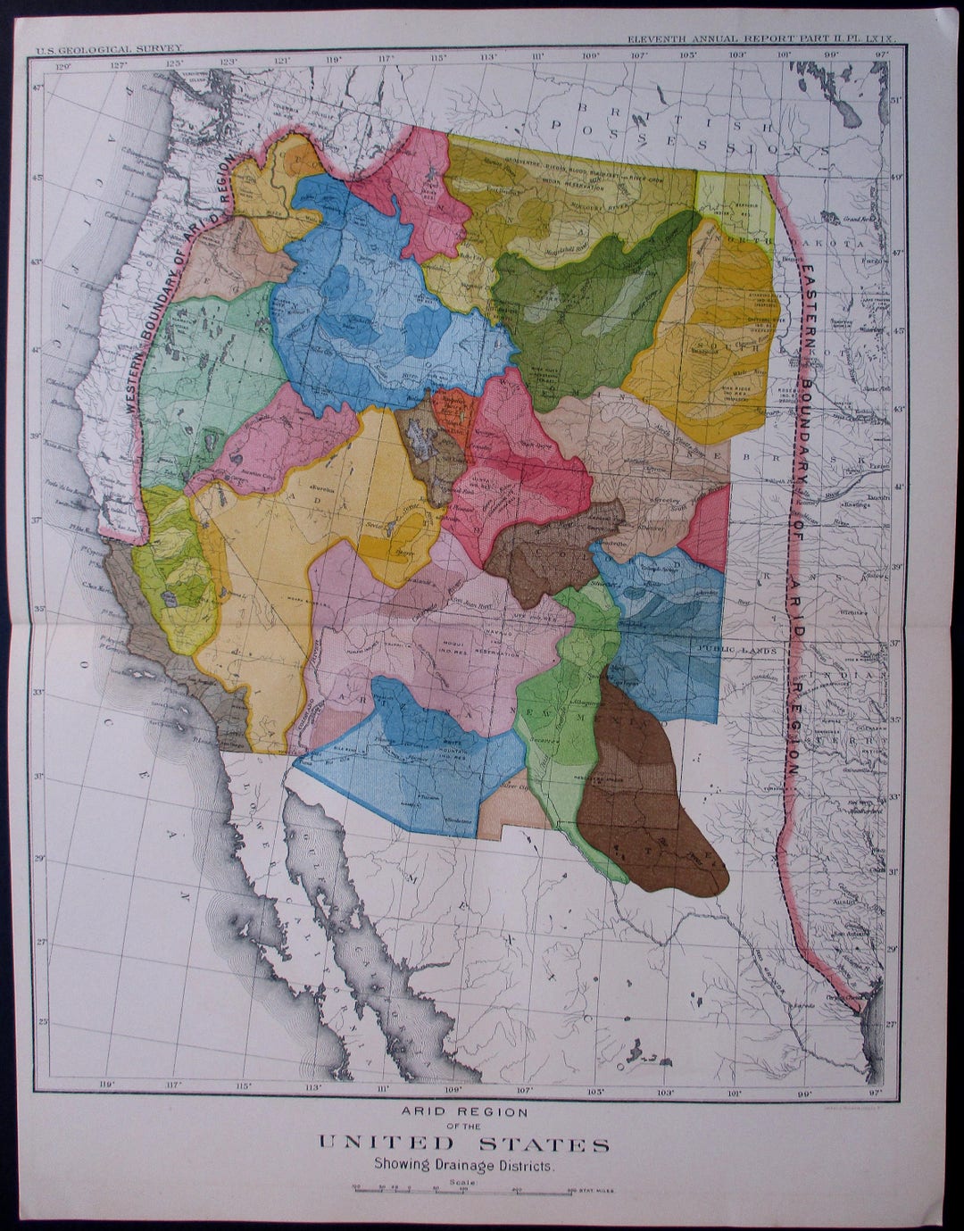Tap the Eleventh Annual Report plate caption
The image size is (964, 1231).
[x=765, y=41]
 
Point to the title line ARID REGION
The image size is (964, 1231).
[x=464, y=1112]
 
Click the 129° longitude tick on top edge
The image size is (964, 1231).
[x=62, y=64]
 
